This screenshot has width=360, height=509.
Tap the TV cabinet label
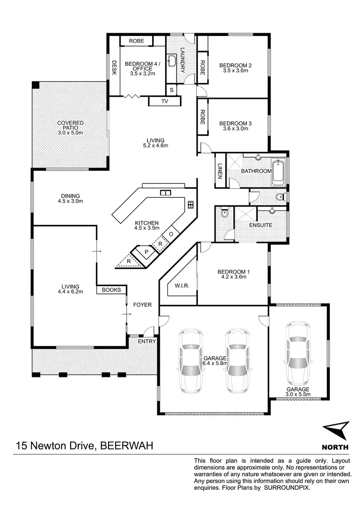coord(165,101)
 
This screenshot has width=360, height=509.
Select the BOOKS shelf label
coord(111,290)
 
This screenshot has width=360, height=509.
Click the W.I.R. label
coord(182,286)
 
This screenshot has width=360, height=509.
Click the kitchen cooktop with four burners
coord(191,205)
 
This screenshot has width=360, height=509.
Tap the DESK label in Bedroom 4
coord(114,68)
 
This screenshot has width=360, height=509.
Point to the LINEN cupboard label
coord(220,171)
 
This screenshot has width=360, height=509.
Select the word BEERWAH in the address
coord(127,446)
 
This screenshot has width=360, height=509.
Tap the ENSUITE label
coord(261,225)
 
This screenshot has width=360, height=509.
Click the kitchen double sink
coord(166,193)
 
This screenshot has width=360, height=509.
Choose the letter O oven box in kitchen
coord(171,234)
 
